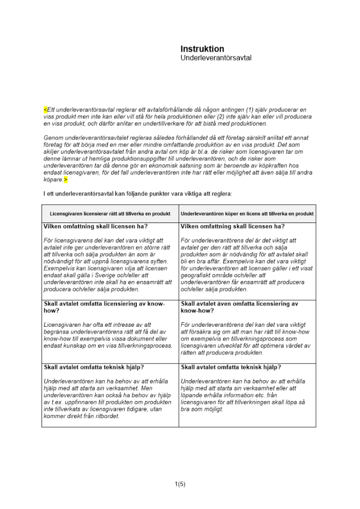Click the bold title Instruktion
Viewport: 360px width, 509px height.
click(x=202, y=49)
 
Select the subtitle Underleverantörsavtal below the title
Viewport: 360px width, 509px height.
click(x=216, y=59)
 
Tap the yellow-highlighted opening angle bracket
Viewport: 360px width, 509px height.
click(x=45, y=109)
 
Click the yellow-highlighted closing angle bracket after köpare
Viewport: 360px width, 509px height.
click(x=66, y=180)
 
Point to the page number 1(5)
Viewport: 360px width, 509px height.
click(x=180, y=484)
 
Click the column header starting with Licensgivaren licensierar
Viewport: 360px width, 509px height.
click(x=110, y=214)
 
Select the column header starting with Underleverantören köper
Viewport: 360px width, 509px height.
click(x=247, y=214)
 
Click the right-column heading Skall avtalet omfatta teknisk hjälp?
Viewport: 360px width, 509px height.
click(x=231, y=367)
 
